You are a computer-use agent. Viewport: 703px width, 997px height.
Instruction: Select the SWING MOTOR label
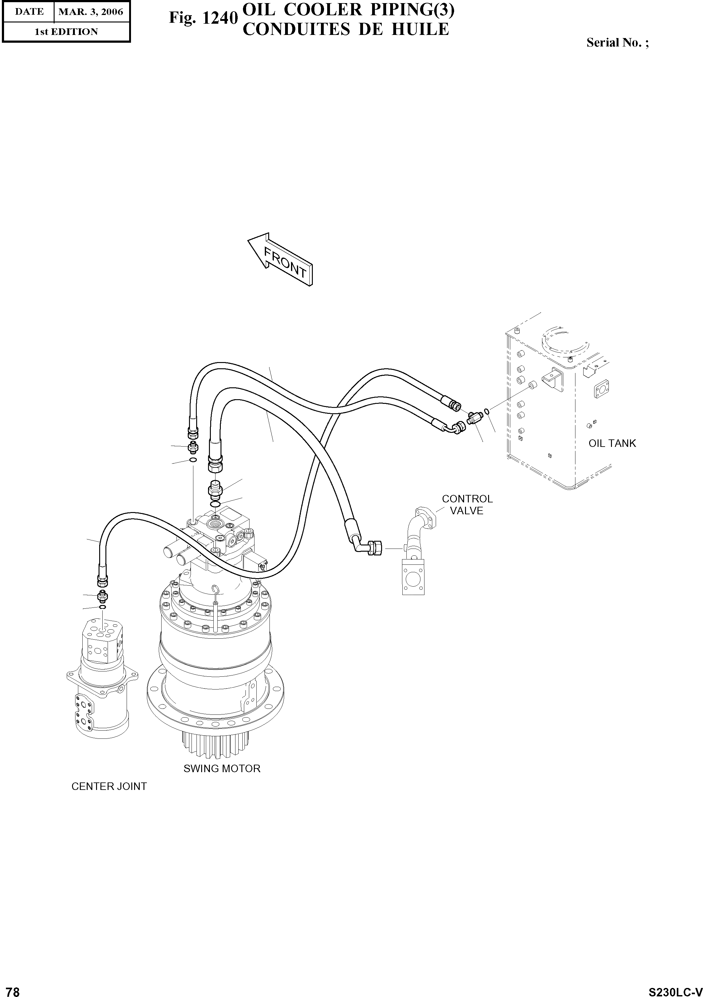[221, 768]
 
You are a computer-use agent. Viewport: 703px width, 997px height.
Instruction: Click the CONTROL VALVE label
[467, 505]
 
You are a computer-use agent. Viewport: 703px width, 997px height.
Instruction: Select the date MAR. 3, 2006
[91, 12]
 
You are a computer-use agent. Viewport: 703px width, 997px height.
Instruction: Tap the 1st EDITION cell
[66, 32]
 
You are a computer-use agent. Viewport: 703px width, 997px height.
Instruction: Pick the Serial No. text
[617, 42]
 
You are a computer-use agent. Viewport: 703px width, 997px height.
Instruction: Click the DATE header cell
[29, 12]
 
